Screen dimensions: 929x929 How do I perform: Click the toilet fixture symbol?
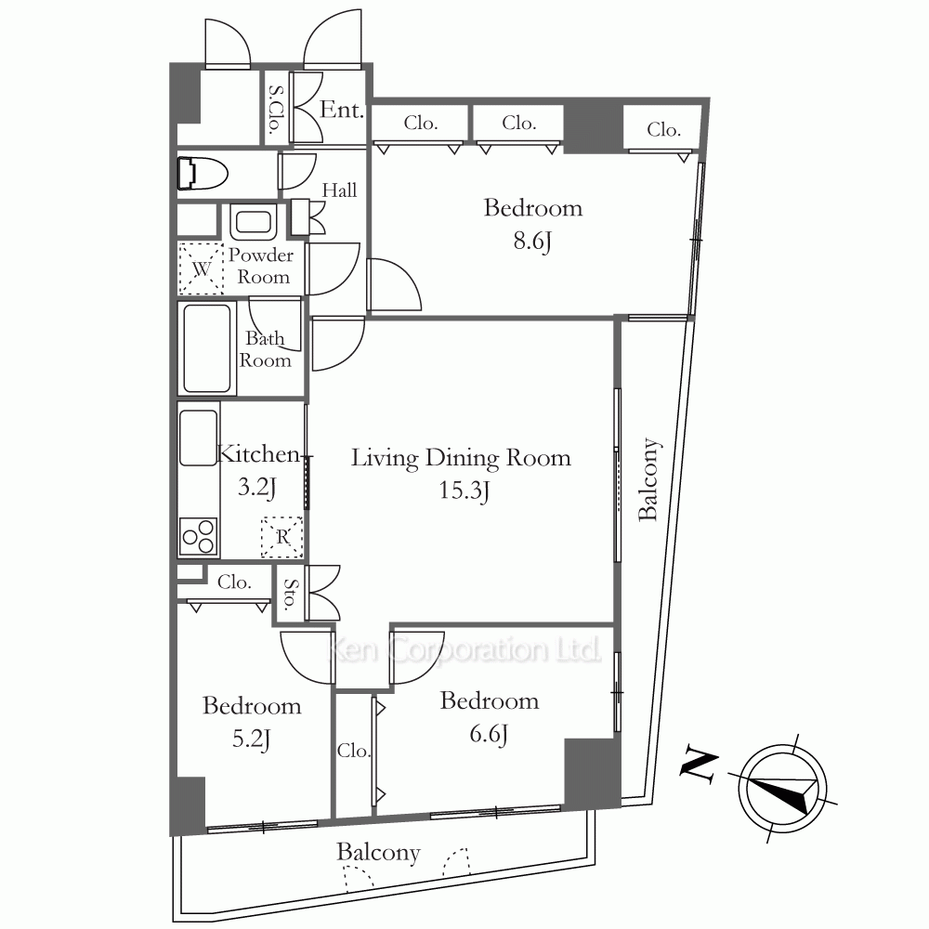[x=203, y=173]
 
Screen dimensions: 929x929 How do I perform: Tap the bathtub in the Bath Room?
[x=207, y=348]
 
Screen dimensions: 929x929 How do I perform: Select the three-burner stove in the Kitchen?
[x=199, y=537]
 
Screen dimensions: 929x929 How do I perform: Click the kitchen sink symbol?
[x=199, y=438]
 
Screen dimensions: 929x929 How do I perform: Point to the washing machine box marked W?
[x=202, y=268]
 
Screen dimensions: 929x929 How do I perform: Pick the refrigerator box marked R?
[x=282, y=537]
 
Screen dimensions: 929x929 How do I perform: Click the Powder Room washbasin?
[x=254, y=222]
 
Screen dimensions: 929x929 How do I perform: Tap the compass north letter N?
[x=700, y=763]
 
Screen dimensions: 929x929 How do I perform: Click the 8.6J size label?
[x=532, y=242]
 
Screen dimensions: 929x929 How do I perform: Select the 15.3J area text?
[x=464, y=491]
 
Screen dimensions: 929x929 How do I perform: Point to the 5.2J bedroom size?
[x=252, y=739]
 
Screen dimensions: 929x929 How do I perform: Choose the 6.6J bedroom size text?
[x=489, y=734]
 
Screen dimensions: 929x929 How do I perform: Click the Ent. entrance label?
[x=342, y=110]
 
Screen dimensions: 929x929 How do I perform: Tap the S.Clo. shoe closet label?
[x=276, y=109]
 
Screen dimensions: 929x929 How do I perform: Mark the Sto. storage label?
[x=290, y=595]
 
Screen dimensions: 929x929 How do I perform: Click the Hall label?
[x=339, y=190]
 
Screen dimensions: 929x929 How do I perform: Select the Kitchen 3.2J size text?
[x=256, y=487]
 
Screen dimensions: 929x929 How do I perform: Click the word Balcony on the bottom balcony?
[x=379, y=853]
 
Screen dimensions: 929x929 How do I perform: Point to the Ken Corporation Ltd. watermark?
[x=464, y=650]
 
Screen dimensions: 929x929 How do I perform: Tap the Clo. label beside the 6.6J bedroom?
[x=354, y=751]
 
